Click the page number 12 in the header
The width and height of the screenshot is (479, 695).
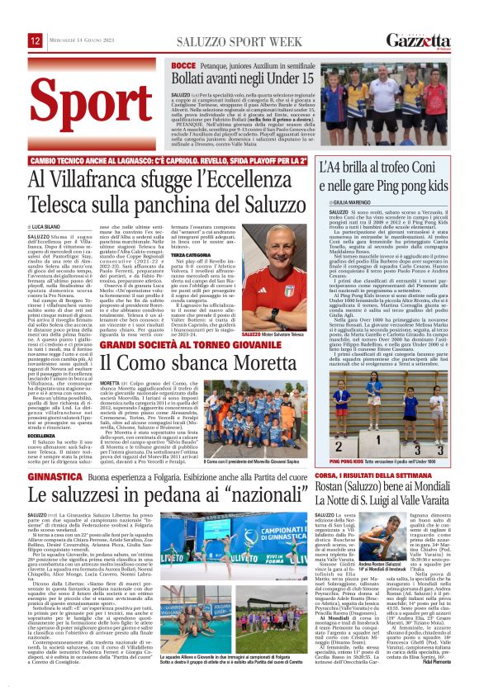pos(36,40)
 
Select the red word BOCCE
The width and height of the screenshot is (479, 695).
pos(183,64)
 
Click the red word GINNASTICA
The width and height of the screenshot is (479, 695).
pos(54,476)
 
